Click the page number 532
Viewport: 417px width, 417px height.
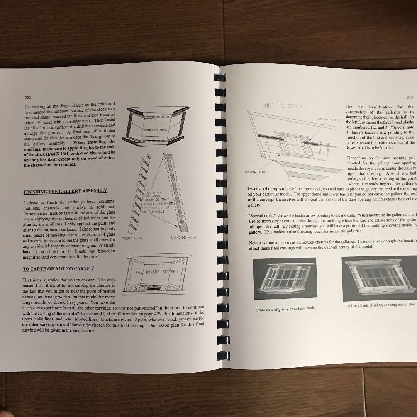point(28,98)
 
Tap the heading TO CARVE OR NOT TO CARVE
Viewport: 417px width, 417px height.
point(56,269)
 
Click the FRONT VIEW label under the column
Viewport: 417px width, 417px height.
point(132,238)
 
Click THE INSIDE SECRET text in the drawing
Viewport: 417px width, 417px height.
point(157,272)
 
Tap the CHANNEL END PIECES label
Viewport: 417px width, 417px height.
point(156,130)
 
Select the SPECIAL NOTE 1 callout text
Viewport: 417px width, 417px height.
point(257,172)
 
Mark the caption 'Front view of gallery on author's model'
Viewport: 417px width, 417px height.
point(286,309)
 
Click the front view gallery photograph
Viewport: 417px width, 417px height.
point(285,278)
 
